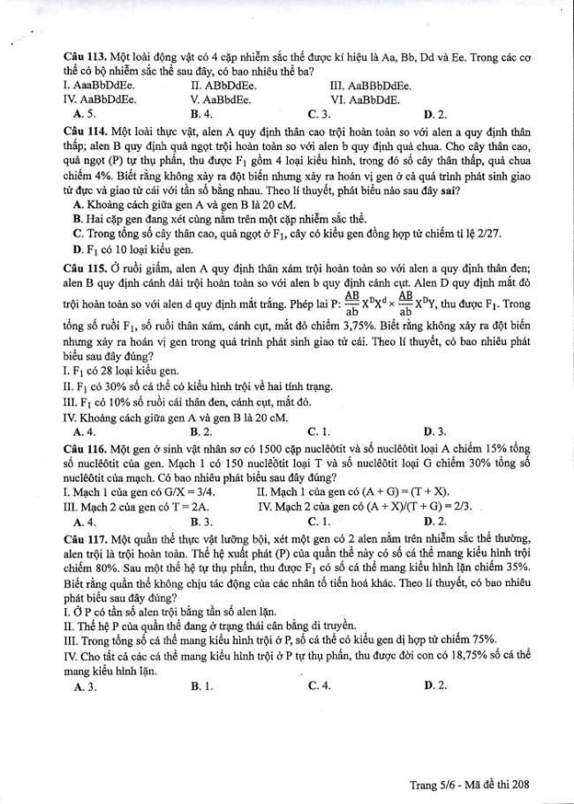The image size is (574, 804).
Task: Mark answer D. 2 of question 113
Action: pos(435,114)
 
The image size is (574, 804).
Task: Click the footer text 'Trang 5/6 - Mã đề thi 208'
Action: pos(474,784)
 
